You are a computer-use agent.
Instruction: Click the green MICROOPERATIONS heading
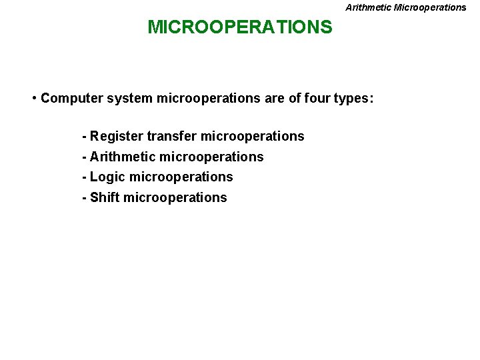(239, 27)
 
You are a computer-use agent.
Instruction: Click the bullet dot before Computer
(33, 99)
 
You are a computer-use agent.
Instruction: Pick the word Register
(117, 137)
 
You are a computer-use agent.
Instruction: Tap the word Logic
(108, 177)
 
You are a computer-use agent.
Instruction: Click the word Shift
(105, 198)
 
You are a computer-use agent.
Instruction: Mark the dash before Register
(84, 137)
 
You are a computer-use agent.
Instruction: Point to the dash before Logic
(84, 177)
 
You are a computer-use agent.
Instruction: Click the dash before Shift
(84, 198)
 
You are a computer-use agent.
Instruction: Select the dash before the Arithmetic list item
(84, 157)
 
